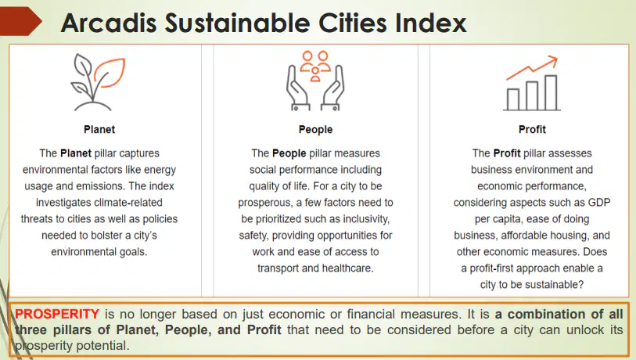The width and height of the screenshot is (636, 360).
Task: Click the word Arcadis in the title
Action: point(109,23)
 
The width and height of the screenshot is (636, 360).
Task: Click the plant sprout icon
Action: point(98,82)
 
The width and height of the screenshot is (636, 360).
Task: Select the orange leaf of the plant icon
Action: point(110,73)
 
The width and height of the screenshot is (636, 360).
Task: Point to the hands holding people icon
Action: point(315,81)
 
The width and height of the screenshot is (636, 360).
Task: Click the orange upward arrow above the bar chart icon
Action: point(532,67)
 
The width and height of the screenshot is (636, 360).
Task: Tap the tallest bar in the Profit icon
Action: point(551,92)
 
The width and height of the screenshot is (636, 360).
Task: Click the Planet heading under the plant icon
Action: point(99,129)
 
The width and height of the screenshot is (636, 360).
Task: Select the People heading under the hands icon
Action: point(315,129)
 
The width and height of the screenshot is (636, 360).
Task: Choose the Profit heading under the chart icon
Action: point(532,129)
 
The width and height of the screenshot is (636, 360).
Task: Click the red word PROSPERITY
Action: point(57,314)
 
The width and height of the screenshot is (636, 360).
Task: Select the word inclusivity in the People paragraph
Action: point(366,219)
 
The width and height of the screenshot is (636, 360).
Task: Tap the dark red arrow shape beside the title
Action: point(20,21)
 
